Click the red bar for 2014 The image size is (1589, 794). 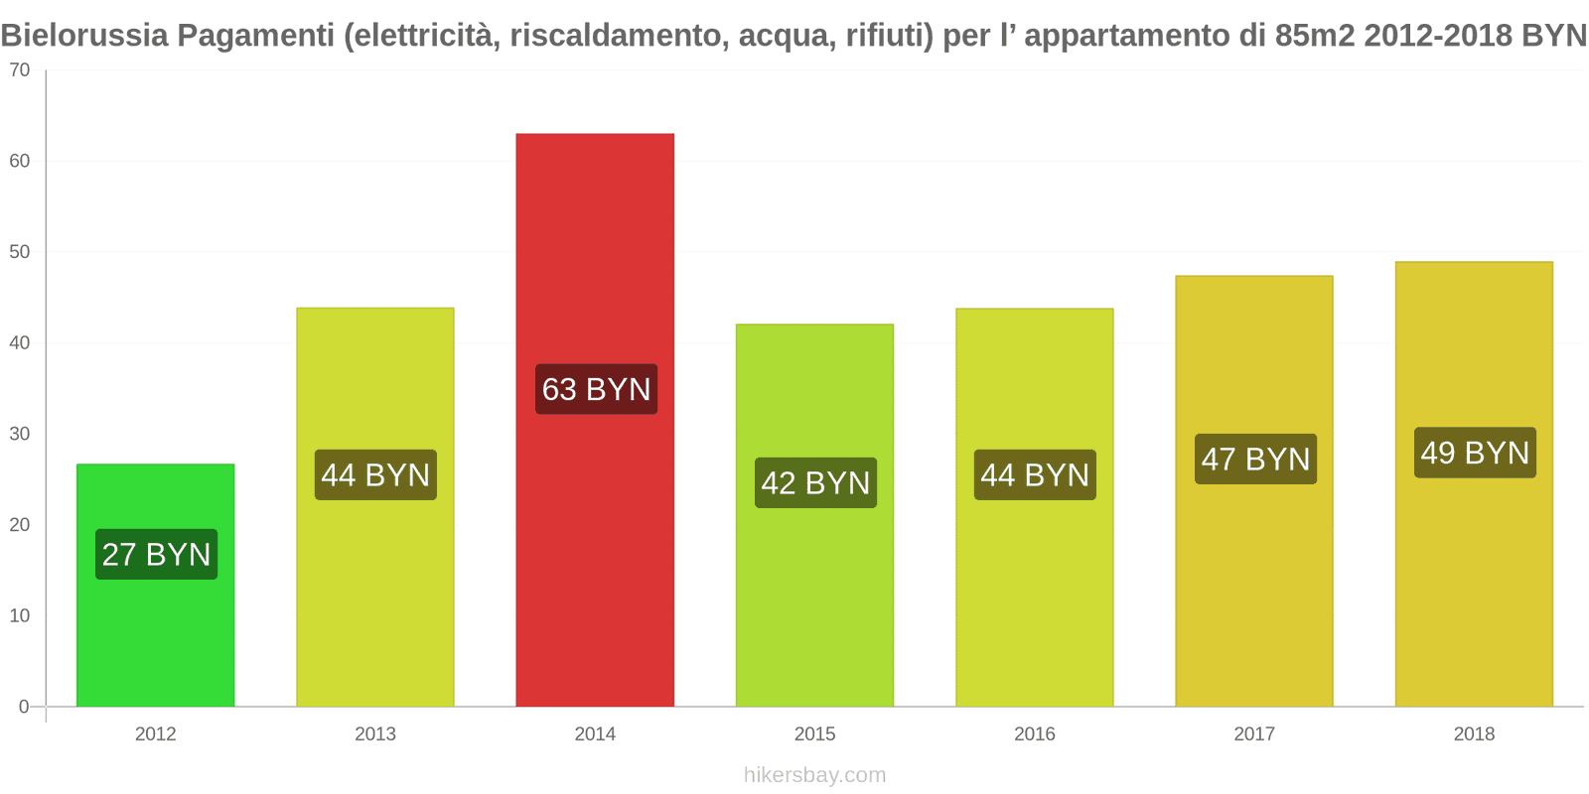pos(595,248)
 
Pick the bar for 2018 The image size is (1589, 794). pos(1474,576)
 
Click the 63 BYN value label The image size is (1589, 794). pos(596,389)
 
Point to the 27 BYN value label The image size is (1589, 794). pos(156,554)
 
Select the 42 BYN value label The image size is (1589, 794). pos(815,482)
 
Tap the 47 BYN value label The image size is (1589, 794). pos(1255,459)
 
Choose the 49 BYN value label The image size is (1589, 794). pos(1475,453)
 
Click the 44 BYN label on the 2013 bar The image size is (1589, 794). pos(375,474)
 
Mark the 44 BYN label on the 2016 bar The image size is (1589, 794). pos(1035,474)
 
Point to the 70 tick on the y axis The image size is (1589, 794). pos(20,70)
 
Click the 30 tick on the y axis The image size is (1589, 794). pos(20,434)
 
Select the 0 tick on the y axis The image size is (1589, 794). pos(24,707)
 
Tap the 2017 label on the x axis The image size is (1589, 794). pos(1253,733)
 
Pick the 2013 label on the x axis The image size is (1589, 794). pos(375,733)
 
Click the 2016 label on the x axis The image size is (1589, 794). pos(1034,733)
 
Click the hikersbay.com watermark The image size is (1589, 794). pos(814,775)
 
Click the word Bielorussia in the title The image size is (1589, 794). pos(84,36)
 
